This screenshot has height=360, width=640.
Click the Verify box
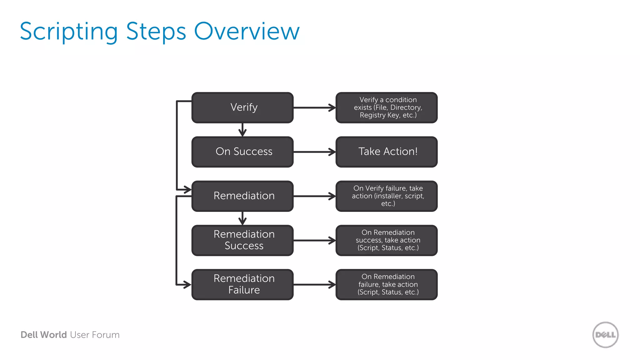242,107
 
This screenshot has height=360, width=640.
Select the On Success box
242,152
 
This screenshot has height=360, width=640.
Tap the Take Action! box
387,152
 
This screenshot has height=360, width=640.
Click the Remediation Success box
242,240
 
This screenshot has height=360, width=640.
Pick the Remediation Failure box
242,284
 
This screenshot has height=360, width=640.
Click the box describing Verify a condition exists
387,107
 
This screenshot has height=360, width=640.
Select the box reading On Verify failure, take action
387,196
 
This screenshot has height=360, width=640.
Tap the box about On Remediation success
387,240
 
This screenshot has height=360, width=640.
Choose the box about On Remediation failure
387,284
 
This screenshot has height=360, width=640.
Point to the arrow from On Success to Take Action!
314,152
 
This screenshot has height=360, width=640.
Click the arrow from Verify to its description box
314,107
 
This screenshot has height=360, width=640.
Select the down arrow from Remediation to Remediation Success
242,218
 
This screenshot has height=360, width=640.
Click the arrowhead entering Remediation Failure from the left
187,284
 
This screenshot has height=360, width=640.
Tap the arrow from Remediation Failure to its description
314,284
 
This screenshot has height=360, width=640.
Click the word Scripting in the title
69,32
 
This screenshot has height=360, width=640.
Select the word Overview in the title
247,32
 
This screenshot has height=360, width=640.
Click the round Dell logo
605,335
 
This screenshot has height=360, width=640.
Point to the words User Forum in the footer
95,335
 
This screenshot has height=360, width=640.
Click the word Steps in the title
156,32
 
